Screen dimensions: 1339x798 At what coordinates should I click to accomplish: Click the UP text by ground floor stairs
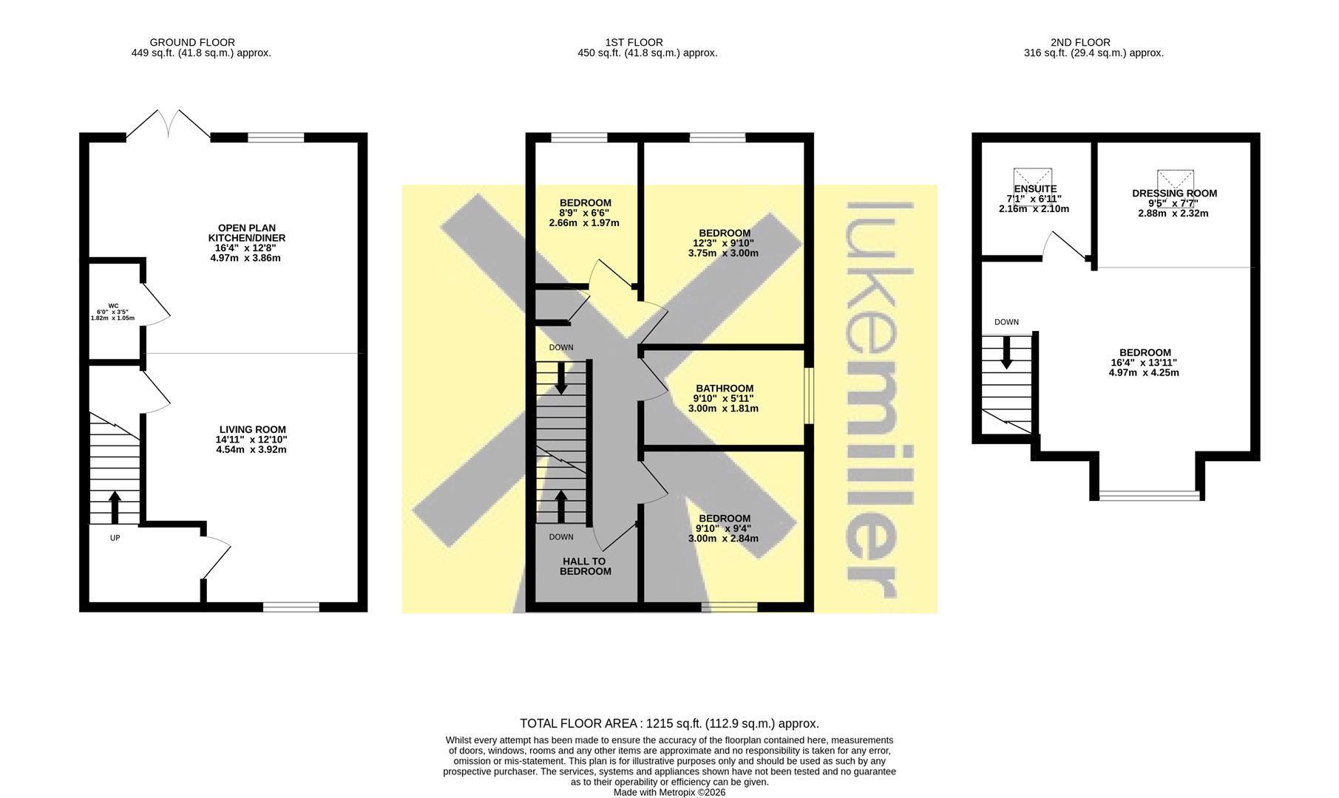[115, 538]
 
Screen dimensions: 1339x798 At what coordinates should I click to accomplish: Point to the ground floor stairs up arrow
[115, 508]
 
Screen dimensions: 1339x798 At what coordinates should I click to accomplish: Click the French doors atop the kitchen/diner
[169, 124]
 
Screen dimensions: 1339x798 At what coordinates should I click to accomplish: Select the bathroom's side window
[809, 396]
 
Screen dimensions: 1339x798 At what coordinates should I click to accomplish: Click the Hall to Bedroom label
[586, 566]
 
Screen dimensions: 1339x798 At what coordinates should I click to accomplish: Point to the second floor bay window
[1149, 495]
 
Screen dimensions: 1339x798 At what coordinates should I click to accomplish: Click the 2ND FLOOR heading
[1080, 43]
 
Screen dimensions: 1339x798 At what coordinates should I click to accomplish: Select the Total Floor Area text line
[669, 724]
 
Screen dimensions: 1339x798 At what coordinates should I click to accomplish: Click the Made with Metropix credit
[669, 792]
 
